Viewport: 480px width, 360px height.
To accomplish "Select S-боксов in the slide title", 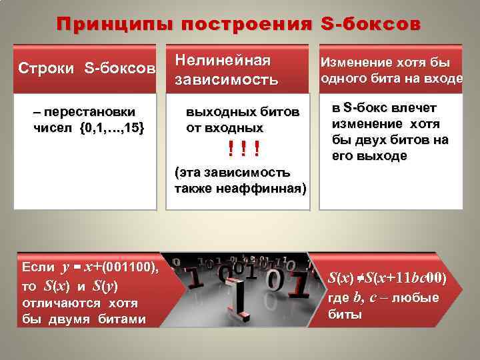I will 371,25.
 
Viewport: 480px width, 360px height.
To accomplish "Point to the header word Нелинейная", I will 223,61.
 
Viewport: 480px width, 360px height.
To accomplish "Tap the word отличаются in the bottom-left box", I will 62,303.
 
